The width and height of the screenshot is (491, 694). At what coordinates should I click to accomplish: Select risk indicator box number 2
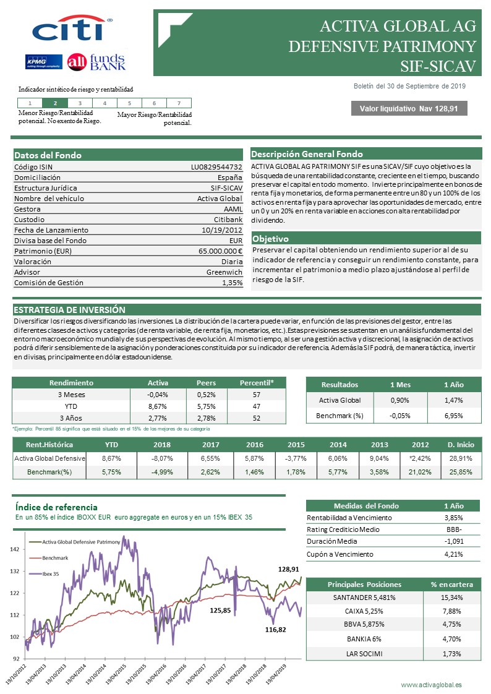click(x=55, y=103)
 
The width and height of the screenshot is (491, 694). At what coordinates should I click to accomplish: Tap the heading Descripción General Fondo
click(x=307, y=154)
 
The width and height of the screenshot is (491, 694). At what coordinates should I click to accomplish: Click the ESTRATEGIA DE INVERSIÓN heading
click(x=69, y=310)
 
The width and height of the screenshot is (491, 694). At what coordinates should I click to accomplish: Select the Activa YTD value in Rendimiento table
click(x=158, y=406)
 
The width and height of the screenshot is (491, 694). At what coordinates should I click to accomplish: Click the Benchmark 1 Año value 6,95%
click(x=453, y=416)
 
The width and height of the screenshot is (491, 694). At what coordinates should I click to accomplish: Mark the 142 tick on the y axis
click(x=15, y=549)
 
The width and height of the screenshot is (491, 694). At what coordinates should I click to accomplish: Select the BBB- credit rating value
click(x=453, y=529)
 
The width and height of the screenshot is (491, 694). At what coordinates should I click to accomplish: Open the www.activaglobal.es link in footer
click(x=431, y=685)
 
